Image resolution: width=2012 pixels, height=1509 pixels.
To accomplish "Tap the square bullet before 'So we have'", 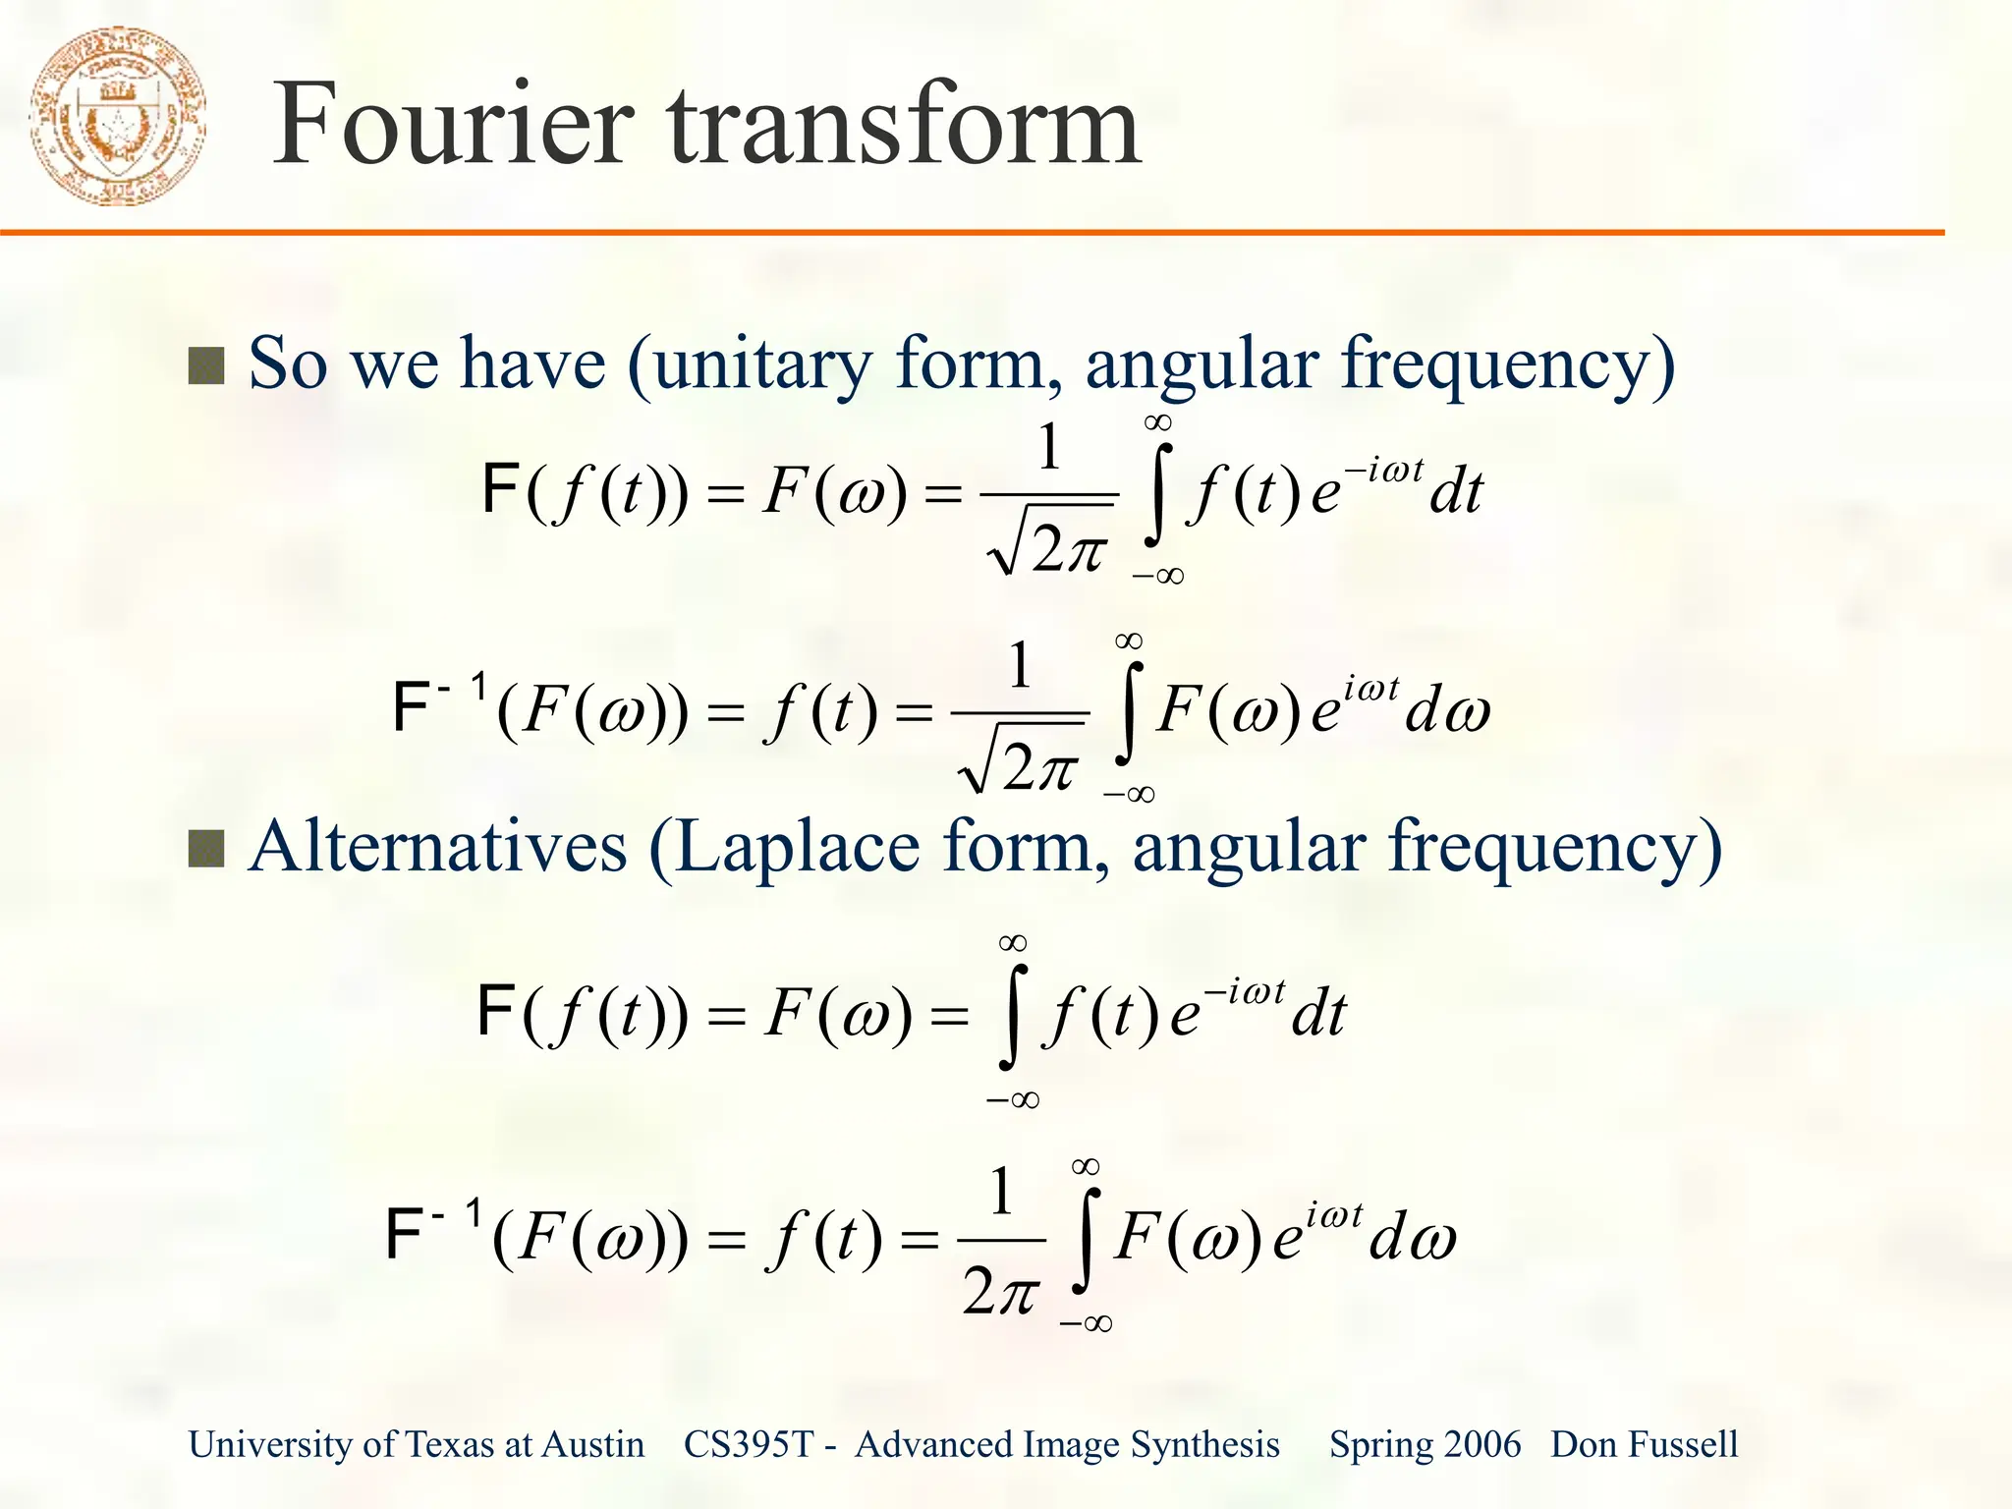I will coord(206,366).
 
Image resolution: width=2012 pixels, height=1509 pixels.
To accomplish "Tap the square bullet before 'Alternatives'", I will coord(206,849).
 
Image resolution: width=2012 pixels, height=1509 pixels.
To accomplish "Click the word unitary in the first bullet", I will coord(761,363).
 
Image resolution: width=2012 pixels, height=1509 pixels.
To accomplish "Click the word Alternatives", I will coord(437,847).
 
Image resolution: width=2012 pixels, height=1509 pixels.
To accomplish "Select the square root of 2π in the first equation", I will coord(1049,546).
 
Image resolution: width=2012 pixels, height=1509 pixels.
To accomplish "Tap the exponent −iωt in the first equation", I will coord(1383,471).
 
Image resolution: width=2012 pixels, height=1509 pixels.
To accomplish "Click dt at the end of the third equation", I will coord(1318,1015).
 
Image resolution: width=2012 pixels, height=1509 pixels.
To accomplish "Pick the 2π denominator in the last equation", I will coord(1000,1291).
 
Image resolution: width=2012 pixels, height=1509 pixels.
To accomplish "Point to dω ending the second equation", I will coord(1447,711).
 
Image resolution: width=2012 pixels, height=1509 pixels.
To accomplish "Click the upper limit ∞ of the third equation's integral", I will coord(1013,943).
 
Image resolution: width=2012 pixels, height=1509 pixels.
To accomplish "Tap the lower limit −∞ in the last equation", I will coord(1086,1323).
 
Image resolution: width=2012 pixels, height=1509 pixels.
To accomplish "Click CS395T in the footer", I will coord(749,1445).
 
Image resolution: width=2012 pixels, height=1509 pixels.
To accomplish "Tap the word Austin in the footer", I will coord(593,1445).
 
